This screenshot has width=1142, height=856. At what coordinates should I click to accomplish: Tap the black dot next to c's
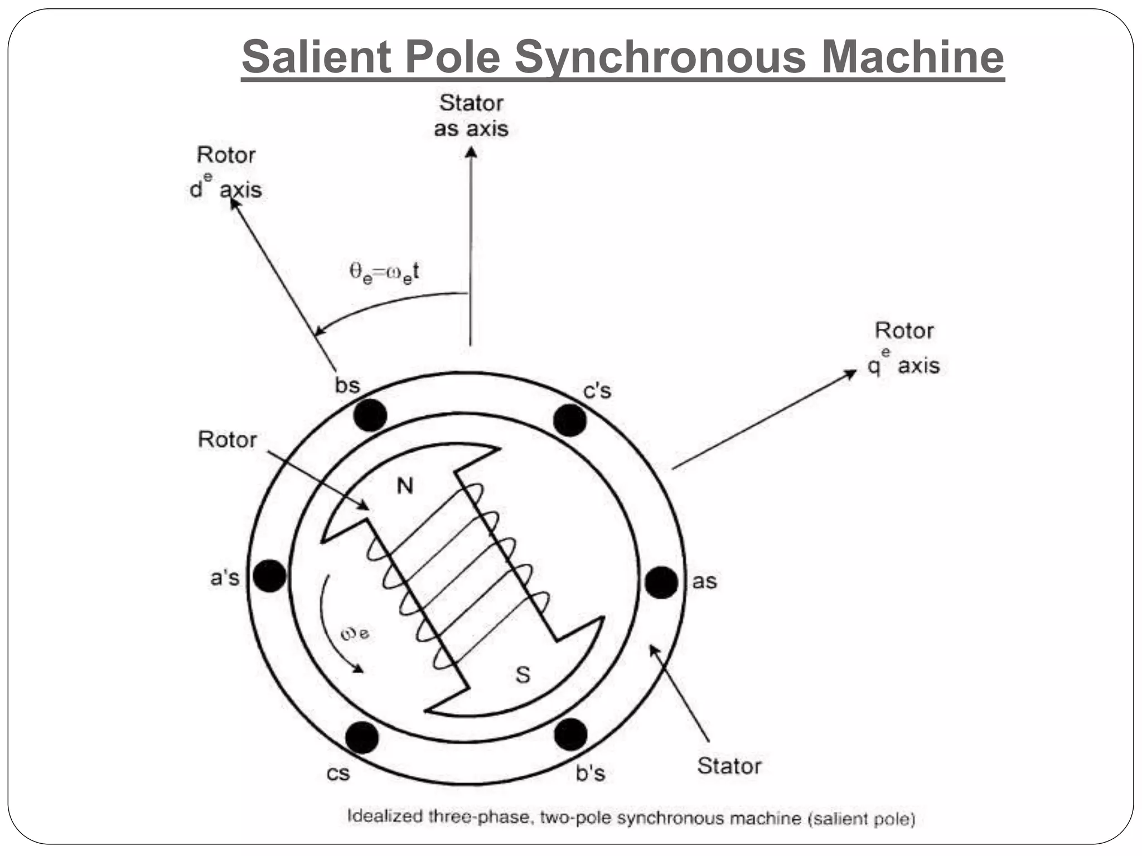point(569,420)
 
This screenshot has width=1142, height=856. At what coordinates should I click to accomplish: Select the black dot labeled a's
point(269,576)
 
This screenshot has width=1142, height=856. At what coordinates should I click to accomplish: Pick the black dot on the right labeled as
point(661,582)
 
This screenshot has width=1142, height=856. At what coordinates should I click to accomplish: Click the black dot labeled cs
point(362,737)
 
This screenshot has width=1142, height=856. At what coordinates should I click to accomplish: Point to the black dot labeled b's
point(570,735)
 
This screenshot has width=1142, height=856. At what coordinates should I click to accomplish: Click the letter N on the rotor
point(405,487)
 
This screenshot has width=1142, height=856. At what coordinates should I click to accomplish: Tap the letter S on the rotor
point(522,675)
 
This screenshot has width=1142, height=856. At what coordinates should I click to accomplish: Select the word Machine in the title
point(913,57)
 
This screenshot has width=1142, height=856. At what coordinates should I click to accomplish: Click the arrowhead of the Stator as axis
point(471,152)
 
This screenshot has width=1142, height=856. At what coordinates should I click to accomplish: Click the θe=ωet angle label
point(384,273)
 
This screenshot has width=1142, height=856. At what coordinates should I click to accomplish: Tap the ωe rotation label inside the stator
point(355,634)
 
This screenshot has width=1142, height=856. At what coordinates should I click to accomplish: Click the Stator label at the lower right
point(729,766)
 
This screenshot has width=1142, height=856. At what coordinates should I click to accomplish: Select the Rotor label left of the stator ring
point(227,440)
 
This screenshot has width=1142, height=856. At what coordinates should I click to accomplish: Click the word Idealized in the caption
point(385,816)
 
